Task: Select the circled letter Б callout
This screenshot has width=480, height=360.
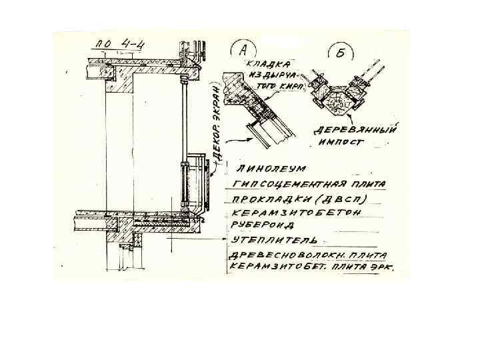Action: tap(339, 53)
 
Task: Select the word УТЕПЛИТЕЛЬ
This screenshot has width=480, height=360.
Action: tap(273, 239)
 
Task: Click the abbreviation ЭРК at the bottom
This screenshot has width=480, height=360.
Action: tap(381, 267)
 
